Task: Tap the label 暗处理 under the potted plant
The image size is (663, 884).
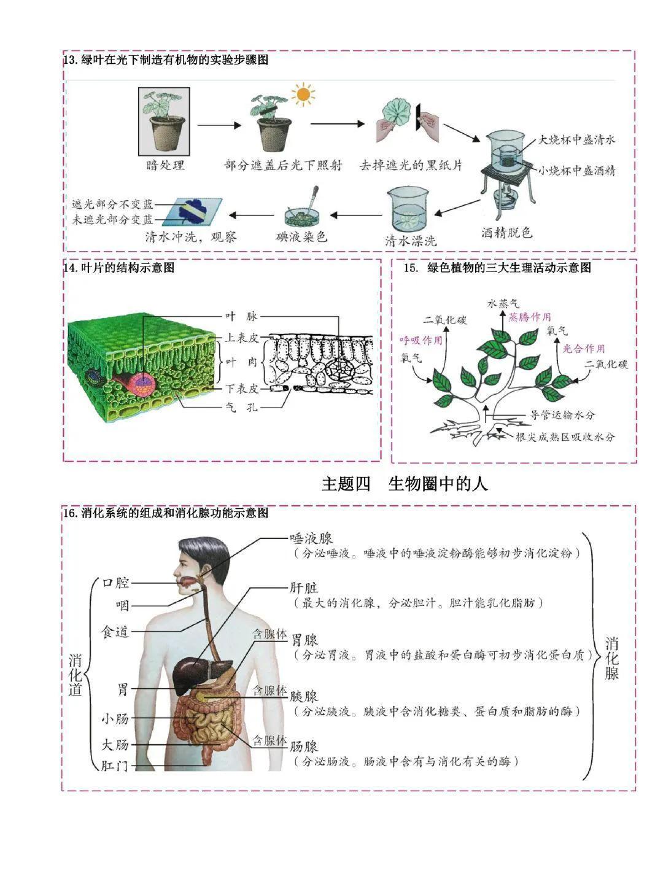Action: coord(165,165)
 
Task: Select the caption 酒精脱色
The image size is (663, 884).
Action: coord(506,233)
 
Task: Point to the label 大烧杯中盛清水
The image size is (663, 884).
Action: coord(576,139)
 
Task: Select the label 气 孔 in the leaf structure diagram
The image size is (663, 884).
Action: coord(241,407)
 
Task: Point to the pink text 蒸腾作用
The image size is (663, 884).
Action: coord(530,317)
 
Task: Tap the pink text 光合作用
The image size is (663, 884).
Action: coord(584,348)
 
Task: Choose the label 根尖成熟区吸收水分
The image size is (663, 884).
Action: coord(565,437)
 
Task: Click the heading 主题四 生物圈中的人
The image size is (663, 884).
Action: coord(405,484)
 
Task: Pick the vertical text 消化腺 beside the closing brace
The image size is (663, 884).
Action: coord(612,658)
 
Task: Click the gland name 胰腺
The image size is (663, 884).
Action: coord(304,697)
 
